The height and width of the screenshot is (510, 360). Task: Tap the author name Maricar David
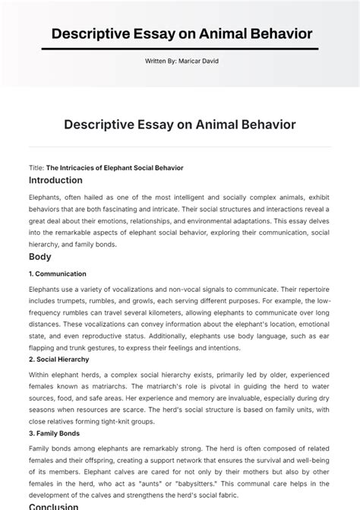[201, 61]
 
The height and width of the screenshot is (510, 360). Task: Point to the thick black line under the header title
[180, 49]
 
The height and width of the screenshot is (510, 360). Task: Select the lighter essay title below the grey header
[180, 124]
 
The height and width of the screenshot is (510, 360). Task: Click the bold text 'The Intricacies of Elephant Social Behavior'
[115, 168]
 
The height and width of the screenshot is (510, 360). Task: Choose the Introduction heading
[55, 181]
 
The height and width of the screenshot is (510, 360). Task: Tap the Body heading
[39, 258]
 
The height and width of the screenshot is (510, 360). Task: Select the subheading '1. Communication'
[58, 274]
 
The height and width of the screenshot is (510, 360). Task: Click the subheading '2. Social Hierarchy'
[59, 360]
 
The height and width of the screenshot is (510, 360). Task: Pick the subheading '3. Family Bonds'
[54, 433]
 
